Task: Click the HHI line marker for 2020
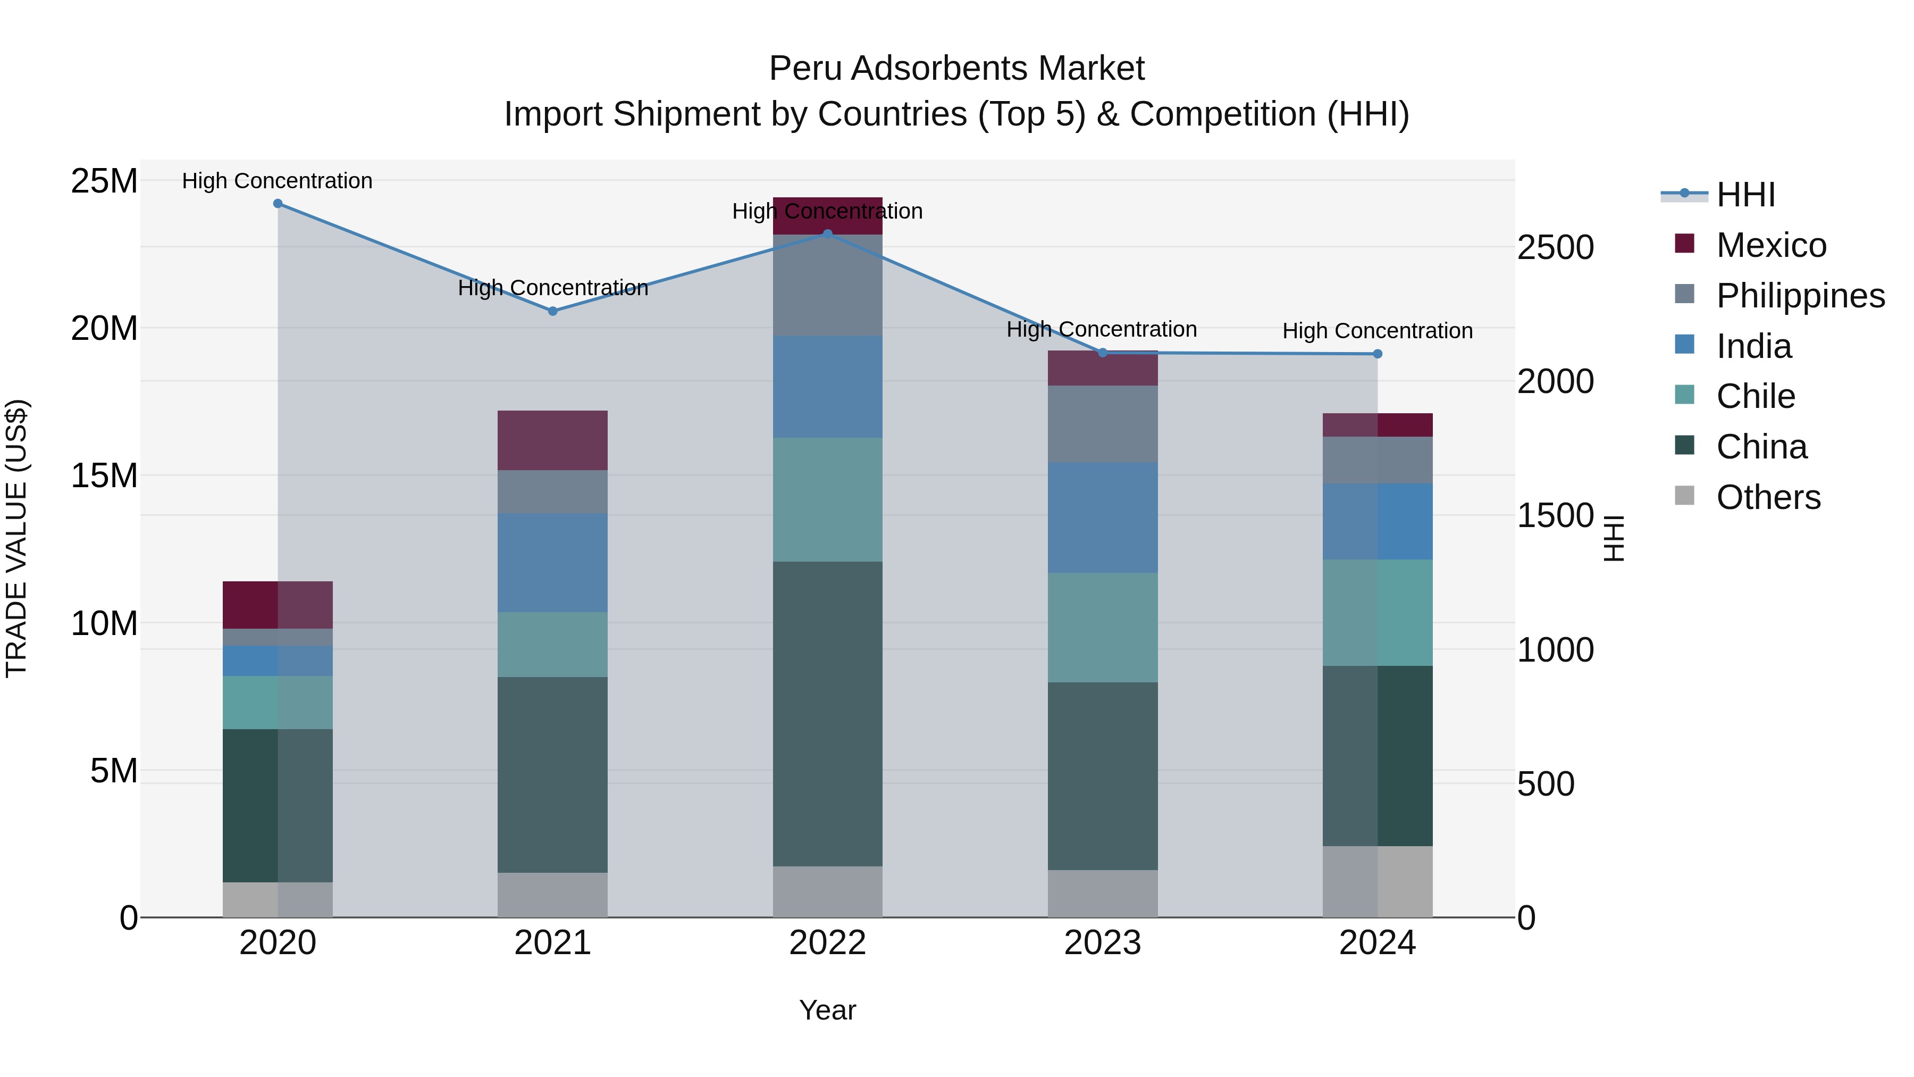tap(278, 204)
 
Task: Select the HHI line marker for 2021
tap(553, 312)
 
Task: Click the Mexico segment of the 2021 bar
tap(553, 441)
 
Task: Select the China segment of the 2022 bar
tap(828, 714)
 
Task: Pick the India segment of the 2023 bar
tap(1103, 518)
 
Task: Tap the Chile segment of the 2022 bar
tap(828, 499)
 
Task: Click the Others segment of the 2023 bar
tap(1103, 894)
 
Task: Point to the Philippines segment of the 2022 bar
tap(828, 286)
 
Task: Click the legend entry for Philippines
tap(1800, 295)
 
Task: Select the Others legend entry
tap(1768, 497)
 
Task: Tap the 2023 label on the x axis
tap(1103, 943)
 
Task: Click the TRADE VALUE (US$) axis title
tap(16, 538)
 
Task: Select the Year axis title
tap(828, 1011)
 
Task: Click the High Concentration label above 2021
tap(553, 288)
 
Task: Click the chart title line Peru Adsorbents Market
tap(956, 69)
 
